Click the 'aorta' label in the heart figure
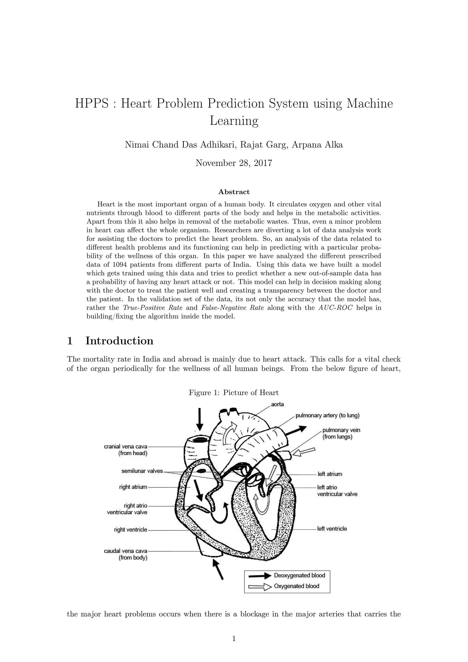pos(277,404)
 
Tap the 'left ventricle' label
pos(332,529)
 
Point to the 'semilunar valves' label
pos(142,471)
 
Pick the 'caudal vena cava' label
pos(126,551)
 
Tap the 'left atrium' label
pos(330,474)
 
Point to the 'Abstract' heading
pos(234,192)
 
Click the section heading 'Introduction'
pos(119,341)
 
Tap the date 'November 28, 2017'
pos(234,163)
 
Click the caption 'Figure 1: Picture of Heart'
pos(234,392)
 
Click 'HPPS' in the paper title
pos(92,104)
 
